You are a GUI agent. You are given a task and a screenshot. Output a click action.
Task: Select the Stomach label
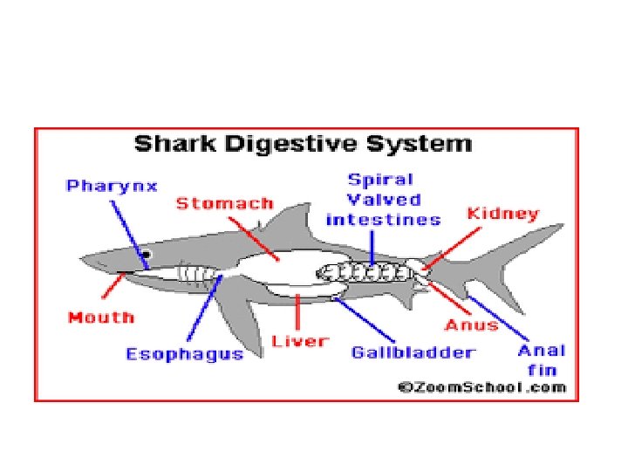224,205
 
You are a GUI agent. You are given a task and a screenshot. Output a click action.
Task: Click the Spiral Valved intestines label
382,200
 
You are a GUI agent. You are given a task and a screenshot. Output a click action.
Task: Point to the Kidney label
503,215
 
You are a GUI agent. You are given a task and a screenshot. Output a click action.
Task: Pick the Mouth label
101,317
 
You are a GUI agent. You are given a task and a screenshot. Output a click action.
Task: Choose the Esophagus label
185,355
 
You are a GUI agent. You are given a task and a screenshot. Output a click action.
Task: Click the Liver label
299,339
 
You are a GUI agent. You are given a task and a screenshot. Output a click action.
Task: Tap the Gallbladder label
413,352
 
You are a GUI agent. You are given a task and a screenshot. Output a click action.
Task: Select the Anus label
472,325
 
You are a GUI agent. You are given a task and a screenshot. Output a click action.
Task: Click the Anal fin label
541,358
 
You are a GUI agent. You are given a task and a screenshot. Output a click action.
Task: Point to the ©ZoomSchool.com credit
482,387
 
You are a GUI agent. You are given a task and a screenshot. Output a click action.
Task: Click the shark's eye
147,256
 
